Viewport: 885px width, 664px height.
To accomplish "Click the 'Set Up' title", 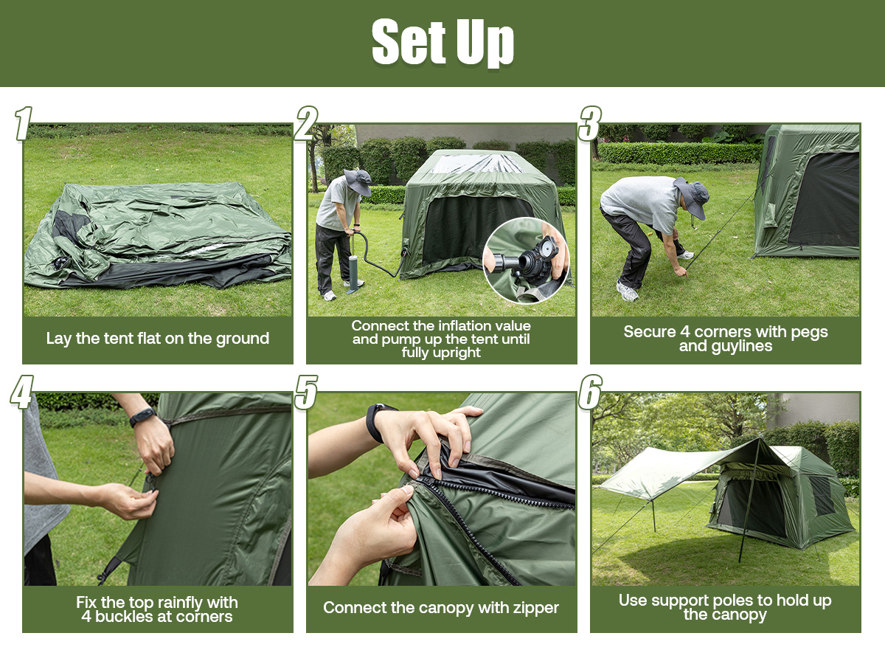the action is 442,41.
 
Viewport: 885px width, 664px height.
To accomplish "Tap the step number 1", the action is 24,123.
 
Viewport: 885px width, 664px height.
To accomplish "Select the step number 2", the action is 306,123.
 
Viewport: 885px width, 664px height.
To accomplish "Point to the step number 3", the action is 590,123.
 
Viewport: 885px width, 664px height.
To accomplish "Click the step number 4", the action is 22,392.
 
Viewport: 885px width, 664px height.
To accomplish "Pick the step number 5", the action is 306,392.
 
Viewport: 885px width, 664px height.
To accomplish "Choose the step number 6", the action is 590,392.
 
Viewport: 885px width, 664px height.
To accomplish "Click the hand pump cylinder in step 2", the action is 353,271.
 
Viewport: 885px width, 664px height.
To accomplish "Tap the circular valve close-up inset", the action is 526,260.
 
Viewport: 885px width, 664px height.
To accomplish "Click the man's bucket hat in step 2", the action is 358,181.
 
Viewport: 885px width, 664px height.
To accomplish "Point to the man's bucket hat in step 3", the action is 693,197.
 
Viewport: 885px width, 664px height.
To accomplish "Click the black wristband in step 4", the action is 143,418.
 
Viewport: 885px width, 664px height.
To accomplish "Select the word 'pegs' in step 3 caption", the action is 809,333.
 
